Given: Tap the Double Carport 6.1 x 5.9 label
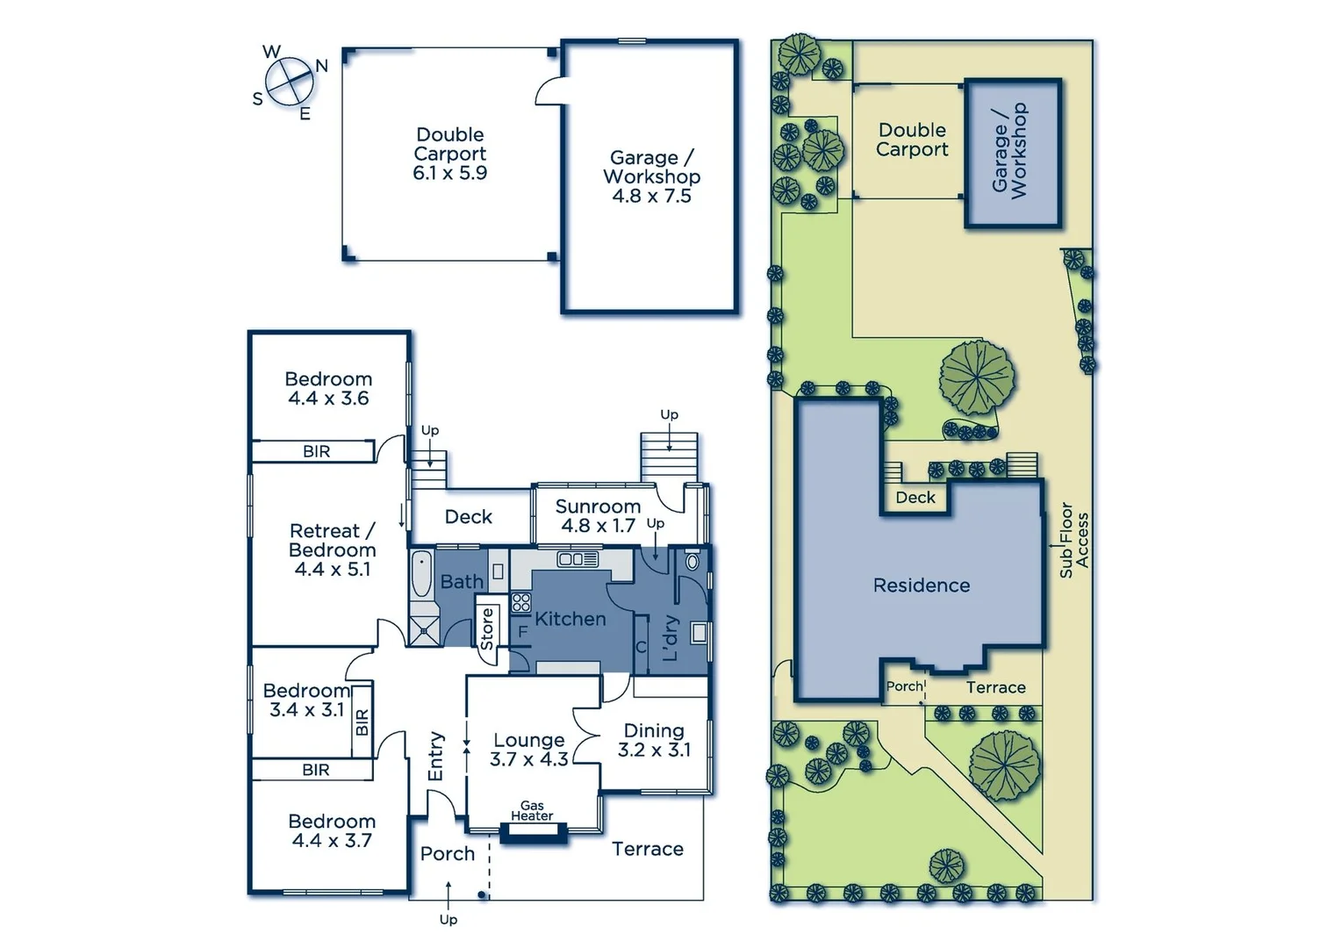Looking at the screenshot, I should [x=450, y=154].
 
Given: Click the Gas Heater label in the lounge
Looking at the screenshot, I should [x=532, y=810].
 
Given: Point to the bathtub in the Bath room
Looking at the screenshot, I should [x=422, y=575].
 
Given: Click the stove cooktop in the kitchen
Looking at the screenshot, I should [x=521, y=602].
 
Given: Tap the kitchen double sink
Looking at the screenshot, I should [x=578, y=559].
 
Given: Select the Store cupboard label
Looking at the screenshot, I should [x=487, y=628].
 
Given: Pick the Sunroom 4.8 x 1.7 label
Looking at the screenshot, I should [x=598, y=516].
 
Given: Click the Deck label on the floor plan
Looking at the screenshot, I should [x=469, y=517].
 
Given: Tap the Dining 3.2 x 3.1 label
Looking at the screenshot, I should [x=654, y=740].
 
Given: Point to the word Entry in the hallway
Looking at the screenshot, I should [x=436, y=757].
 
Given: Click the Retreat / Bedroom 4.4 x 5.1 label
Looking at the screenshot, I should [x=333, y=550].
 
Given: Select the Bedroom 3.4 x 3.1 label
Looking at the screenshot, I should [x=306, y=700].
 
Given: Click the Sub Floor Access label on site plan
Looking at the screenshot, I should [x=1073, y=540].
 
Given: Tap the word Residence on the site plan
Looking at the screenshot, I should [x=922, y=585].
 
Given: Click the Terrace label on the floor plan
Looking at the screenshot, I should [x=648, y=849].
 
